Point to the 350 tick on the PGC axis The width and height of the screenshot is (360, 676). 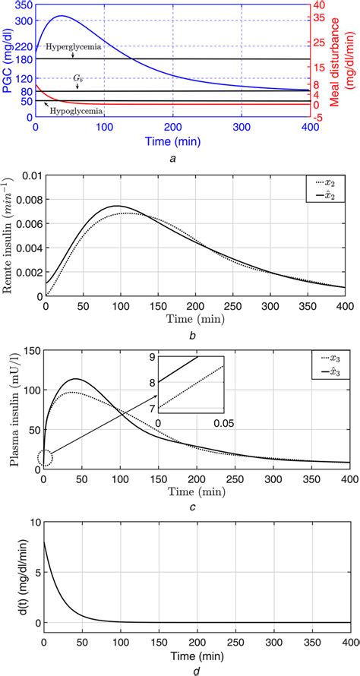point(24,5)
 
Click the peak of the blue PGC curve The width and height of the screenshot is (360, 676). point(62,16)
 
